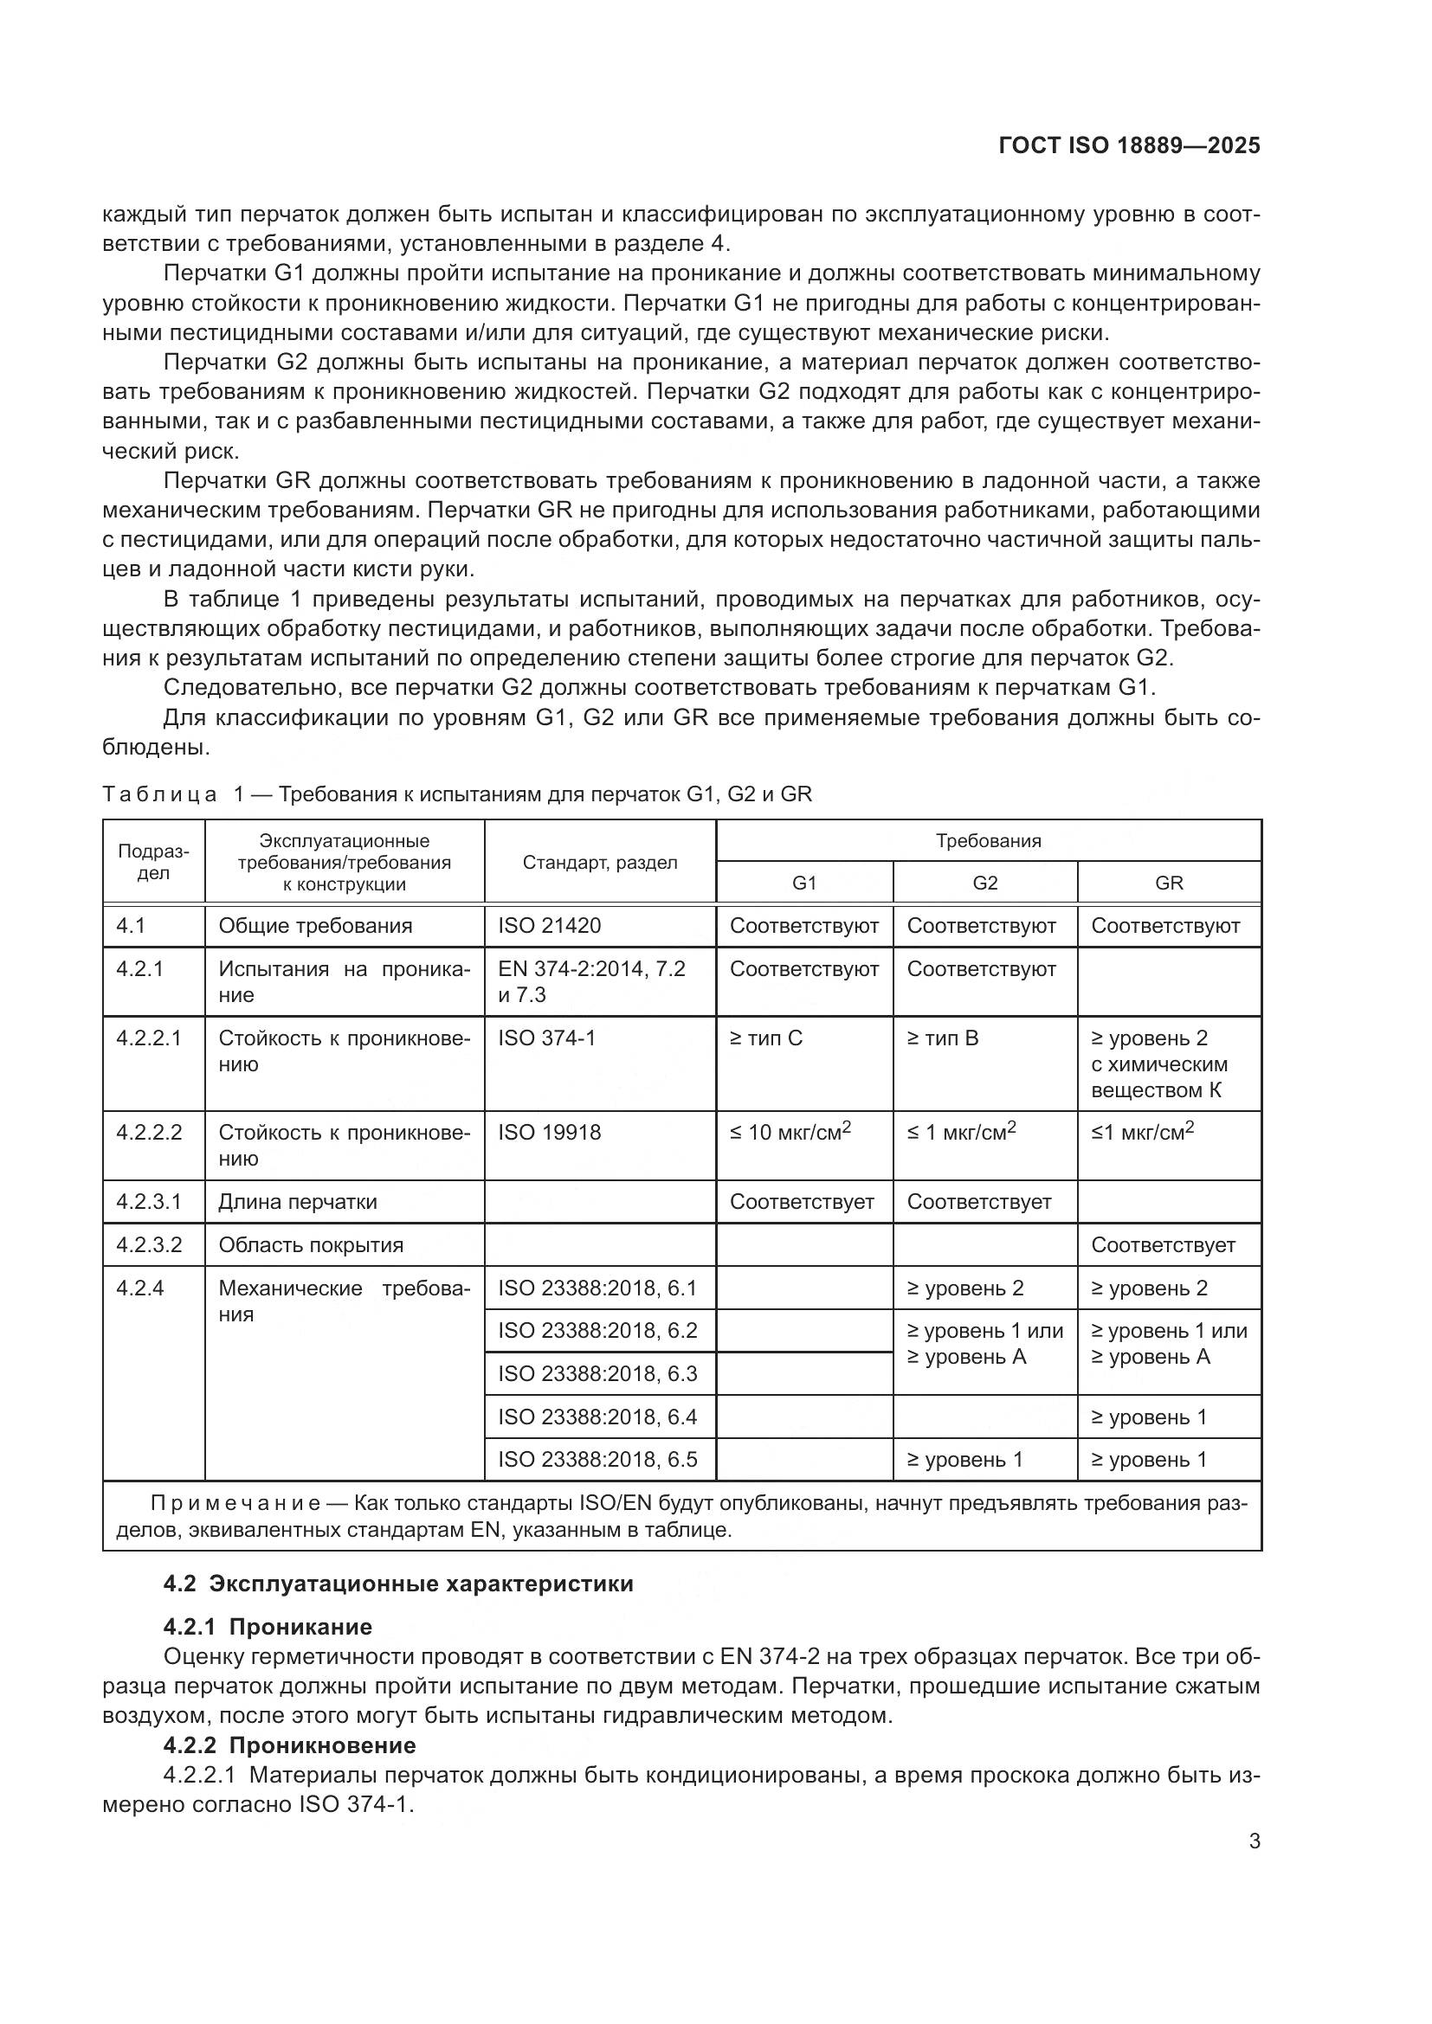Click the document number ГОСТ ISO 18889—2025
(x=1129, y=145)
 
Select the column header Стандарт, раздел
(x=600, y=862)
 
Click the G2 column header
(x=984, y=883)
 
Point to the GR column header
(x=1168, y=883)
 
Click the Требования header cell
(x=988, y=840)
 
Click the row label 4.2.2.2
(x=149, y=1132)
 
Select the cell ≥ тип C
(x=765, y=1038)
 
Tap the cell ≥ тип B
(x=943, y=1038)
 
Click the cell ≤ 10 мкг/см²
(x=790, y=1132)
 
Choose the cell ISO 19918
(x=550, y=1132)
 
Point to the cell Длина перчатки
(x=297, y=1202)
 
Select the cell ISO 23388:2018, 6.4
(x=597, y=1417)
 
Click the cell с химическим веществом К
(x=1158, y=1076)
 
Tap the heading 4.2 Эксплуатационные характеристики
(x=398, y=1584)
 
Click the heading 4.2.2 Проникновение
(x=289, y=1744)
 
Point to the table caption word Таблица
(x=159, y=794)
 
